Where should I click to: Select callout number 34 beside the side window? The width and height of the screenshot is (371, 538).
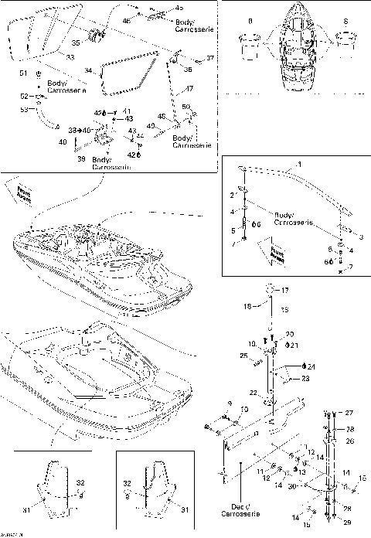[x=87, y=71]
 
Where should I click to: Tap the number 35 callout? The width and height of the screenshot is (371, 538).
[x=76, y=43]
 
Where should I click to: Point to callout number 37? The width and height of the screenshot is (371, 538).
[x=209, y=58]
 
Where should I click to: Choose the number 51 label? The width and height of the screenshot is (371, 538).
[x=23, y=73]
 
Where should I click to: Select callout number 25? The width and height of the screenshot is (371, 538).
[x=243, y=356]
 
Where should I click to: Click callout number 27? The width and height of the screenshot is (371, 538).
[x=349, y=413]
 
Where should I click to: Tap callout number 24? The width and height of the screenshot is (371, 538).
[x=311, y=366]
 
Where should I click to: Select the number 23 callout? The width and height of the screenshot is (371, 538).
[x=305, y=379]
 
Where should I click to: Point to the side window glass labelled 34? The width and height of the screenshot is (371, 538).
[x=124, y=73]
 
